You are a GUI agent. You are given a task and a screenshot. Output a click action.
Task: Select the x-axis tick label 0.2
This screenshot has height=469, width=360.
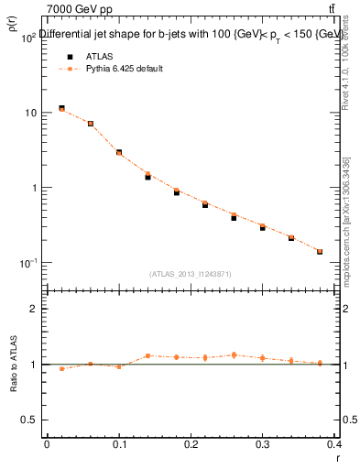click(x=191, y=444)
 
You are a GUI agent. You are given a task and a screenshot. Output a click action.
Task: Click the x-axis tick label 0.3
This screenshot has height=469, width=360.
click(x=262, y=444)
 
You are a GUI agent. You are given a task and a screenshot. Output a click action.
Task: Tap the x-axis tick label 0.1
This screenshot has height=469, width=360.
click(x=118, y=444)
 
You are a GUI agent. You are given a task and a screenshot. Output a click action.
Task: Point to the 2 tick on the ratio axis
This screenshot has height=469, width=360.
click(x=37, y=309)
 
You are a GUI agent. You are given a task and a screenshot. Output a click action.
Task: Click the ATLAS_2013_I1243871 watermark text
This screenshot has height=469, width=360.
click(x=190, y=274)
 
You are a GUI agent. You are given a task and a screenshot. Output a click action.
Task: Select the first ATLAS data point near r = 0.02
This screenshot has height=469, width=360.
click(x=61, y=108)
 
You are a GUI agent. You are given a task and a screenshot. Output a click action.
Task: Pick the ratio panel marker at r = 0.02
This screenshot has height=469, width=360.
click(x=61, y=369)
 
